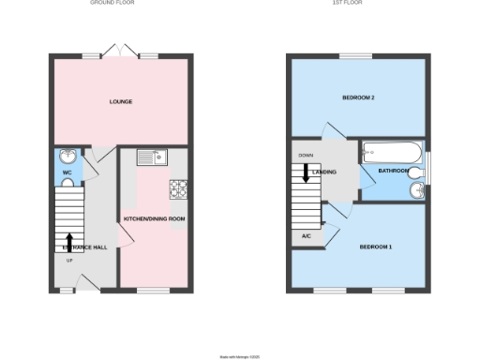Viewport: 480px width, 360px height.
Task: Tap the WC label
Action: (x=67, y=173)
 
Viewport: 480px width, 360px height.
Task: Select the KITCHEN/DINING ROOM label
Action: (x=155, y=218)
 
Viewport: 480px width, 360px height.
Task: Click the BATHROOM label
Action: (x=394, y=171)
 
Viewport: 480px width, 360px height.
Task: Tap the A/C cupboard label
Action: (x=307, y=236)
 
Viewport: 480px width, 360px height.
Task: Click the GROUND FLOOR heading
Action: (x=120, y=4)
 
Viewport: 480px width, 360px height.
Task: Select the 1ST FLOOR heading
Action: (x=360, y=4)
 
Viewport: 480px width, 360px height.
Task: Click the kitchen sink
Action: (x=150, y=157)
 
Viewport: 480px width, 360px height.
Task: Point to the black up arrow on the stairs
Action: (x=68, y=242)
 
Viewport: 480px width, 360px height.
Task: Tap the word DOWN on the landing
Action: (x=306, y=156)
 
